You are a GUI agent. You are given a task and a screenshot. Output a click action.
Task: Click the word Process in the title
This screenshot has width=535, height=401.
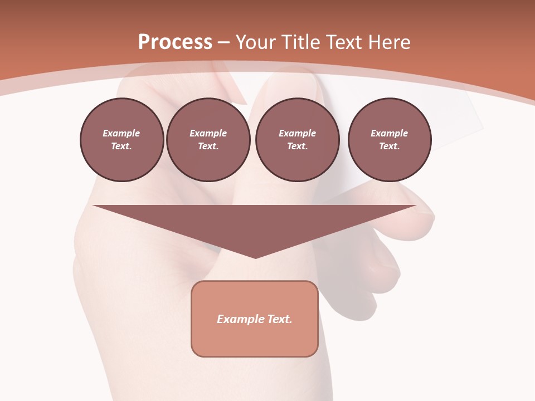click(x=175, y=42)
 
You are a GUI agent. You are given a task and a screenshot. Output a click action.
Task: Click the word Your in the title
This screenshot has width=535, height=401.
click(x=256, y=42)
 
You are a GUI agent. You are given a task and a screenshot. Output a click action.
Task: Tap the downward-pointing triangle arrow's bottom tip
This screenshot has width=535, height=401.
click(x=255, y=257)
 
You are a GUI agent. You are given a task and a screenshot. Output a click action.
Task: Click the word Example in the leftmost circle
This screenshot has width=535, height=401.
click(x=121, y=133)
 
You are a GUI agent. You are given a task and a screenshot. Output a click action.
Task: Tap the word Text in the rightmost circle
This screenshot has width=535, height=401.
click(x=389, y=146)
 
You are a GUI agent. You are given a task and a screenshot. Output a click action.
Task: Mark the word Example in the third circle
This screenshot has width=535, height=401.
click(x=298, y=133)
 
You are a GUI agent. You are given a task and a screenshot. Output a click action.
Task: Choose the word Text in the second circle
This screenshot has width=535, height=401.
click(x=208, y=146)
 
